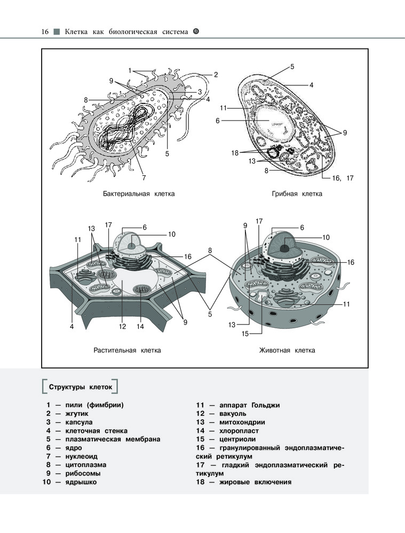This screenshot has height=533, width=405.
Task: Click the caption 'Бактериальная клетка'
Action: coord(139,193)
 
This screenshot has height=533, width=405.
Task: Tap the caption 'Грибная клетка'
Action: coord(297,193)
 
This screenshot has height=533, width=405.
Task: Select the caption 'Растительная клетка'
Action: coord(128,350)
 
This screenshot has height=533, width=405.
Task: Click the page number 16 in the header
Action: coord(45,32)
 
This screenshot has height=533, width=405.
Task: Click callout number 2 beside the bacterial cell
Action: coord(216,75)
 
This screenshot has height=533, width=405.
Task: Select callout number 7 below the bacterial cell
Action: coord(144,177)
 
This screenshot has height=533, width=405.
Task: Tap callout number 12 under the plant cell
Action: coord(122,326)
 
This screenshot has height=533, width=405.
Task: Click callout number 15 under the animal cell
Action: coord(245,334)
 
